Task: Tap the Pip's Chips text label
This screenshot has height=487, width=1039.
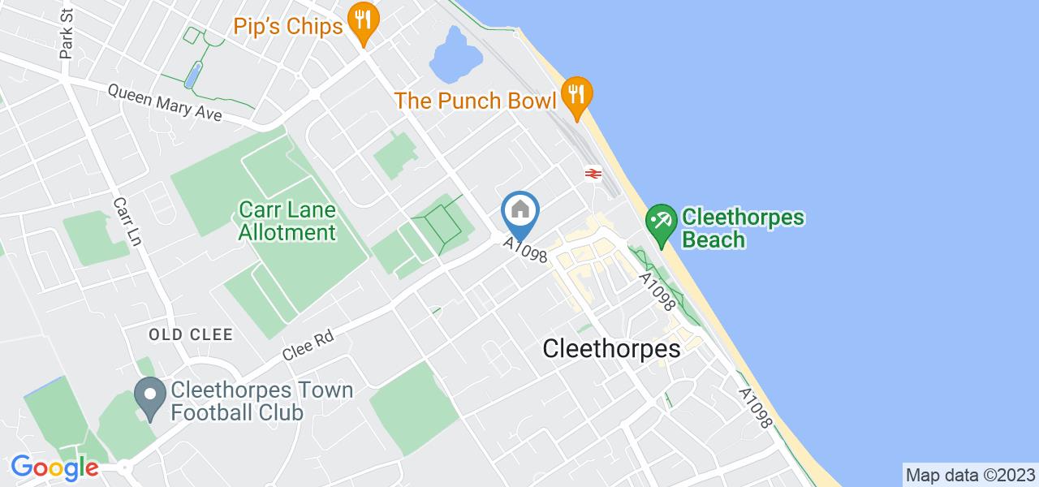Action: [288, 27]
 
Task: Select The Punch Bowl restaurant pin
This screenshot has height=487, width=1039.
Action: [576, 97]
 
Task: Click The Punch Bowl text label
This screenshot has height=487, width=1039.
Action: [476, 101]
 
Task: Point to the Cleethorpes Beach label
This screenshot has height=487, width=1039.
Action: [743, 228]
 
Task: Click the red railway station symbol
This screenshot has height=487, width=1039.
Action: [592, 173]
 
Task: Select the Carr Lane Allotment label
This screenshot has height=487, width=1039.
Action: [287, 222]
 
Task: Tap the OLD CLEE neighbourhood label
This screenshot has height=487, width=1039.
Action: [191, 334]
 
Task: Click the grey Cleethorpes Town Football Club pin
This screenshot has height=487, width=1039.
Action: [149, 399]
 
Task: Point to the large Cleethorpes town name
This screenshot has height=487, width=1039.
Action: [611, 348]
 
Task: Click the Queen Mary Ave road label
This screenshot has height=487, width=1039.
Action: [166, 103]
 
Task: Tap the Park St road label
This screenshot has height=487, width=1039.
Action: [67, 40]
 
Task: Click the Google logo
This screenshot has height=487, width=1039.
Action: [54, 468]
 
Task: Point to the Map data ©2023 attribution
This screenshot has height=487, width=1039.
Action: [970, 474]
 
